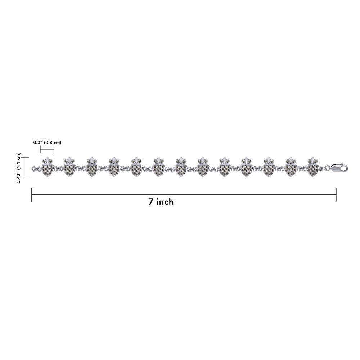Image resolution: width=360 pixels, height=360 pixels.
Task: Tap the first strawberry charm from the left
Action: (x=48, y=167)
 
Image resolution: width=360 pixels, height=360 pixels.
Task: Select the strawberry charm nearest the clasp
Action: (x=313, y=167)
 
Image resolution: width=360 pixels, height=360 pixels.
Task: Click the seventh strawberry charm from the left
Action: (x=180, y=167)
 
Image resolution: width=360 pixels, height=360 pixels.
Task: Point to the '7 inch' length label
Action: (x=161, y=202)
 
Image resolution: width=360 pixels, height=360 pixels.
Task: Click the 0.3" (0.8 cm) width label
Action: (x=47, y=143)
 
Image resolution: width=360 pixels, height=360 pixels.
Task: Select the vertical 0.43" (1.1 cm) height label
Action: (x=18, y=168)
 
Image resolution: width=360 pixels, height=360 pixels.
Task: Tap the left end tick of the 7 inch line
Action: (x=31, y=194)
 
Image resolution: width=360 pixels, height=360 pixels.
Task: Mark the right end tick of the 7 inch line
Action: (x=336, y=194)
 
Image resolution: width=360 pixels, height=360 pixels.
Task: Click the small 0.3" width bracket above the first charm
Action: (x=47, y=150)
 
